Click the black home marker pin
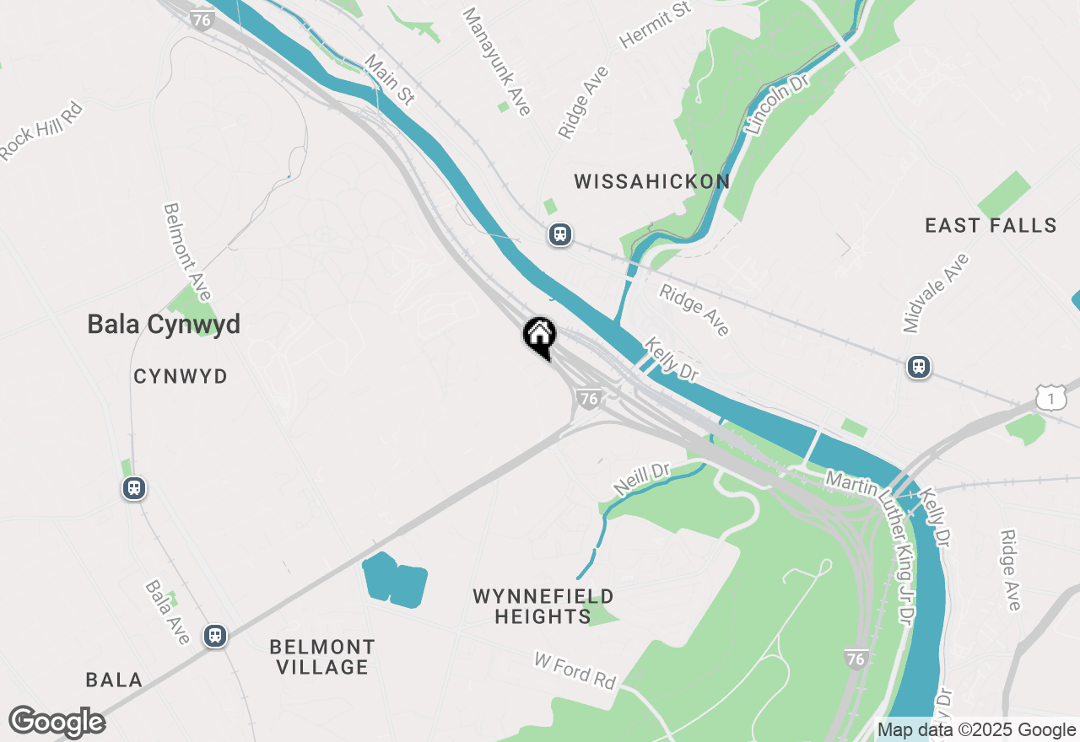539,336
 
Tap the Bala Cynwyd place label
164,325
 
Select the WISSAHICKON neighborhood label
651,181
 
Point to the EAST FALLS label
991,225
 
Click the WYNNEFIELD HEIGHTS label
543,607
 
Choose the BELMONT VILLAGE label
322,657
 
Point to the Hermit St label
655,24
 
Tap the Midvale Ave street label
935,293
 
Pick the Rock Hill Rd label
41,131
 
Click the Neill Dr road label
642,480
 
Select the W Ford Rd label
575,670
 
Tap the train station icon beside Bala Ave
216,635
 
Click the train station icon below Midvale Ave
919,367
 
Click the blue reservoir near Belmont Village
394,580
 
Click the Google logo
57,723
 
